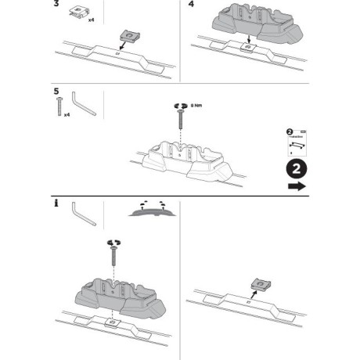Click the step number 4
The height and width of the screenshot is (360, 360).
tap(192, 5)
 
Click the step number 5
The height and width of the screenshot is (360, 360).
tap(57, 91)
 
